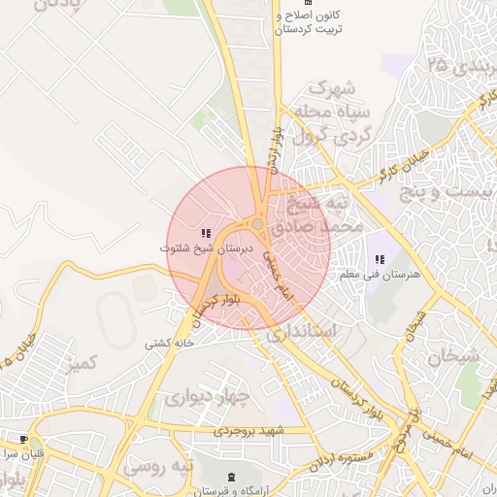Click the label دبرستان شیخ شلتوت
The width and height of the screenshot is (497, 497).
click(x=206, y=248)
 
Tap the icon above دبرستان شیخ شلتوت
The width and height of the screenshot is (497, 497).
click(x=205, y=234)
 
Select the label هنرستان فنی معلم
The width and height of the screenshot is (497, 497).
click(x=379, y=275)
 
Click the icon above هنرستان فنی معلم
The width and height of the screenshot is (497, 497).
click(x=379, y=259)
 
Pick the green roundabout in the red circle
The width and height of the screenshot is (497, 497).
click(x=257, y=225)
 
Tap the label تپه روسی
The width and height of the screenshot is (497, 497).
click(x=157, y=467)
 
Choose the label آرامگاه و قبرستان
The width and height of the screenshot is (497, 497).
click(x=230, y=490)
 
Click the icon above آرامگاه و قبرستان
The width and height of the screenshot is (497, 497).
click(x=230, y=476)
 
